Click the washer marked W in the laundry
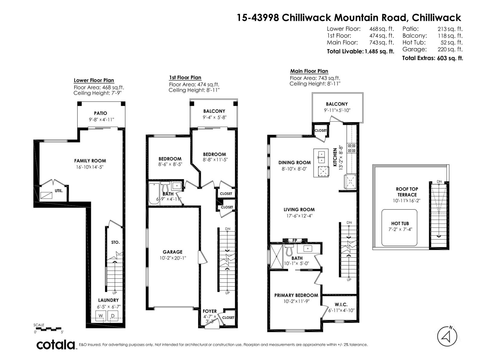(101, 316)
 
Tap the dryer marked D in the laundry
(113, 316)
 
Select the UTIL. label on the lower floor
(59, 191)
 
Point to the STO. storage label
(116, 242)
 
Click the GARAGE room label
(172, 252)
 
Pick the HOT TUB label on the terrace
(400, 224)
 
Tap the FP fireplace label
(295, 240)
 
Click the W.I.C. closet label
(341, 305)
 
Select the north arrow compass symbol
(447, 336)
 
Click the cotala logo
(56, 345)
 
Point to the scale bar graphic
(48, 329)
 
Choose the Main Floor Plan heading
(309, 71)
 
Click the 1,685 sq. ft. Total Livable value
(379, 51)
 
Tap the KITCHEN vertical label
(335, 157)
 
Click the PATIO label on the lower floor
(101, 113)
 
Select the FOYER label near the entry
(210, 311)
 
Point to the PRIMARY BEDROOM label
(296, 295)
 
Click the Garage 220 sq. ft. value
(450, 49)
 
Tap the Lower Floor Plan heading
(94, 81)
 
